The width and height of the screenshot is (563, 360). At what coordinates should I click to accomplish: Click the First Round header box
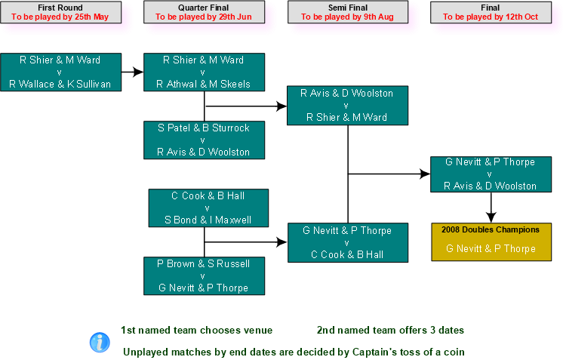60,12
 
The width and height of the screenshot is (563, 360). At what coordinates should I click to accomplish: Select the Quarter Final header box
204,12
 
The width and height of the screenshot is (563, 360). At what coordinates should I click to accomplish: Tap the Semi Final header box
347,12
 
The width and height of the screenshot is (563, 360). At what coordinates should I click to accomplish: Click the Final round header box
490,12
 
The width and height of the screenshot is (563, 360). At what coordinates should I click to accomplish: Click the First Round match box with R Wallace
60,72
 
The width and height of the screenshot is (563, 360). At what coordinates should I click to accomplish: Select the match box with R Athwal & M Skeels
204,72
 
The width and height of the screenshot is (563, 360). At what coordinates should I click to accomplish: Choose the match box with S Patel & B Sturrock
204,140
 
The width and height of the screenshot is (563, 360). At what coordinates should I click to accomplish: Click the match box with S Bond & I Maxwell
208,208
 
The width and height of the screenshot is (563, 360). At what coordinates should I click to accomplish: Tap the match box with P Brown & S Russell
204,275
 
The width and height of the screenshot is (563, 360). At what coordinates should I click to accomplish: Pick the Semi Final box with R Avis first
347,105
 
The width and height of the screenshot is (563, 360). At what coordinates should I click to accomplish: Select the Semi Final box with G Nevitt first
347,242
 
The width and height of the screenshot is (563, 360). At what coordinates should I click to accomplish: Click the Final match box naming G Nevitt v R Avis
491,174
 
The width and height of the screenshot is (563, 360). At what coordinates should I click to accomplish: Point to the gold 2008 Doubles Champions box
491,242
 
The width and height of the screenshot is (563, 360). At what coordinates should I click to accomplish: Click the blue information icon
100,342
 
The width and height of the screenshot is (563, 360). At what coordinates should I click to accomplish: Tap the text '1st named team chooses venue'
196,331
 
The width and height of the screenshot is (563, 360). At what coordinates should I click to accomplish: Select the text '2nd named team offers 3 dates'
389,331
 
